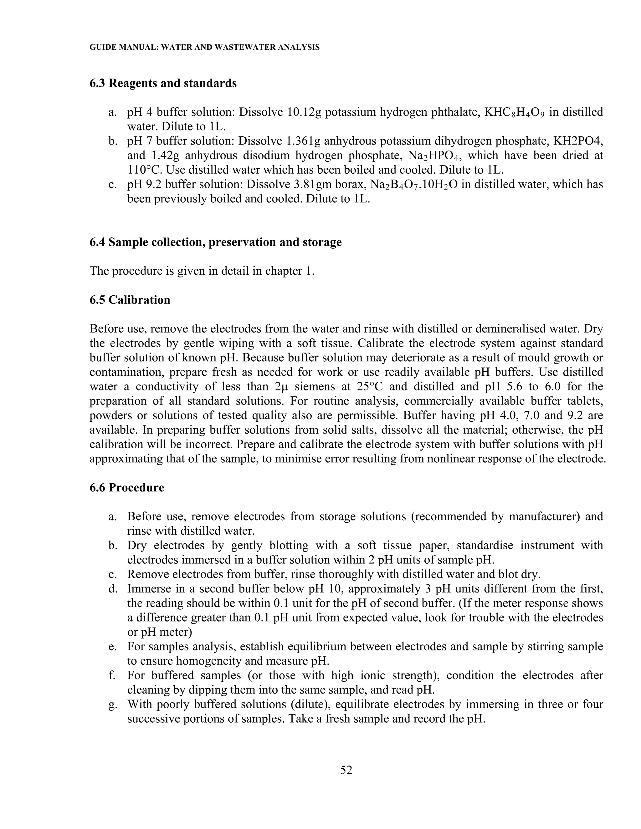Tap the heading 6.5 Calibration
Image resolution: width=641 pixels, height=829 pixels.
[x=130, y=300]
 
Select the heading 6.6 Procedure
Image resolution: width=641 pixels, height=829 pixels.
[x=127, y=487]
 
